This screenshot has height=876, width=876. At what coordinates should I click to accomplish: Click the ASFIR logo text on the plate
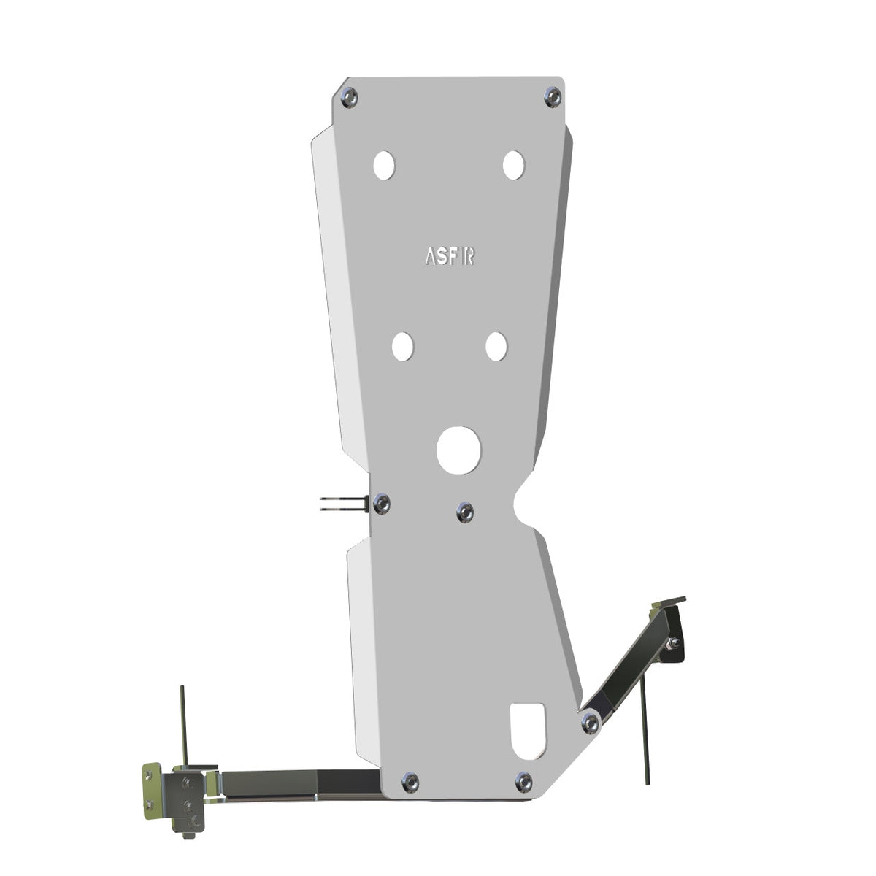coord(450,256)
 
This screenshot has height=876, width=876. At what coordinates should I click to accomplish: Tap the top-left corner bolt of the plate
coord(349,97)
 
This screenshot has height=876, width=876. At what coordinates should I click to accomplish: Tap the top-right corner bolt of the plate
coord(553,97)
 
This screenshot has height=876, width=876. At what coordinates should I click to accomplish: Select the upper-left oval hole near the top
coord(384,166)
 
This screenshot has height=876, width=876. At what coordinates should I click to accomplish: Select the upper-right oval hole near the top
coord(514,165)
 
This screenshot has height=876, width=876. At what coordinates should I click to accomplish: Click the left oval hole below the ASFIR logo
coord(403,347)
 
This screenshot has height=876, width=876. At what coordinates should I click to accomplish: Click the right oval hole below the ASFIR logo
coord(496,347)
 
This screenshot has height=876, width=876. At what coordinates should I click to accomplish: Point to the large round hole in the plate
coord(458,450)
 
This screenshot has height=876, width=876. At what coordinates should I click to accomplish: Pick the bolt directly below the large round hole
coord(464,512)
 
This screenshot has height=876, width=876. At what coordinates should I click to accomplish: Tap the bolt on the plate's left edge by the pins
coord(381,504)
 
